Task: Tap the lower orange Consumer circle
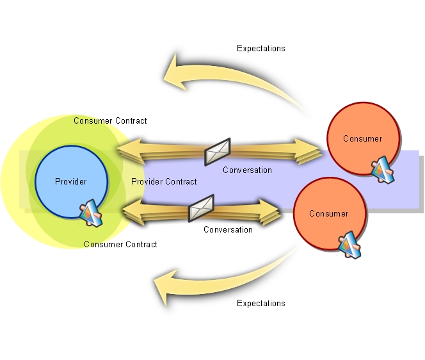click(328, 214)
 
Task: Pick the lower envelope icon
click(201, 208)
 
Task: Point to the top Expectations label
click(261, 48)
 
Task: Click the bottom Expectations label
click(261, 303)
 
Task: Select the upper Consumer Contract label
click(110, 120)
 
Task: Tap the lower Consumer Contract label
click(120, 244)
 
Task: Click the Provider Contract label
click(164, 181)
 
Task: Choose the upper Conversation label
click(247, 170)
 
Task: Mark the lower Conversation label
click(228, 229)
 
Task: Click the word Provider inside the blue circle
click(70, 181)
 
